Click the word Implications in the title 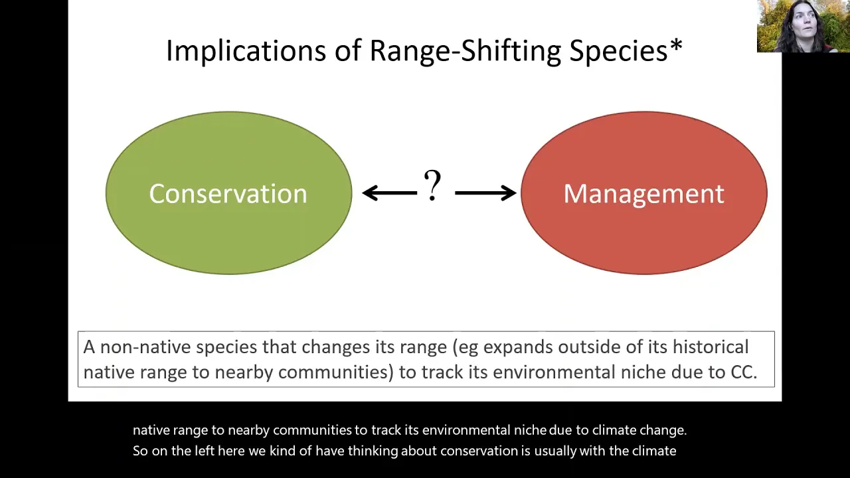pos(246,51)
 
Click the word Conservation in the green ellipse pos(228,193)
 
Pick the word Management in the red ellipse pos(644,194)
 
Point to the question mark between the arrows pos(432,185)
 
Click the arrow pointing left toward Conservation pos(390,193)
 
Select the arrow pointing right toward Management pos(485,193)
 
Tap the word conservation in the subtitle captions pos(479,451)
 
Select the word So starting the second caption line pos(140,451)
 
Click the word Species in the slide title pos(618,51)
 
